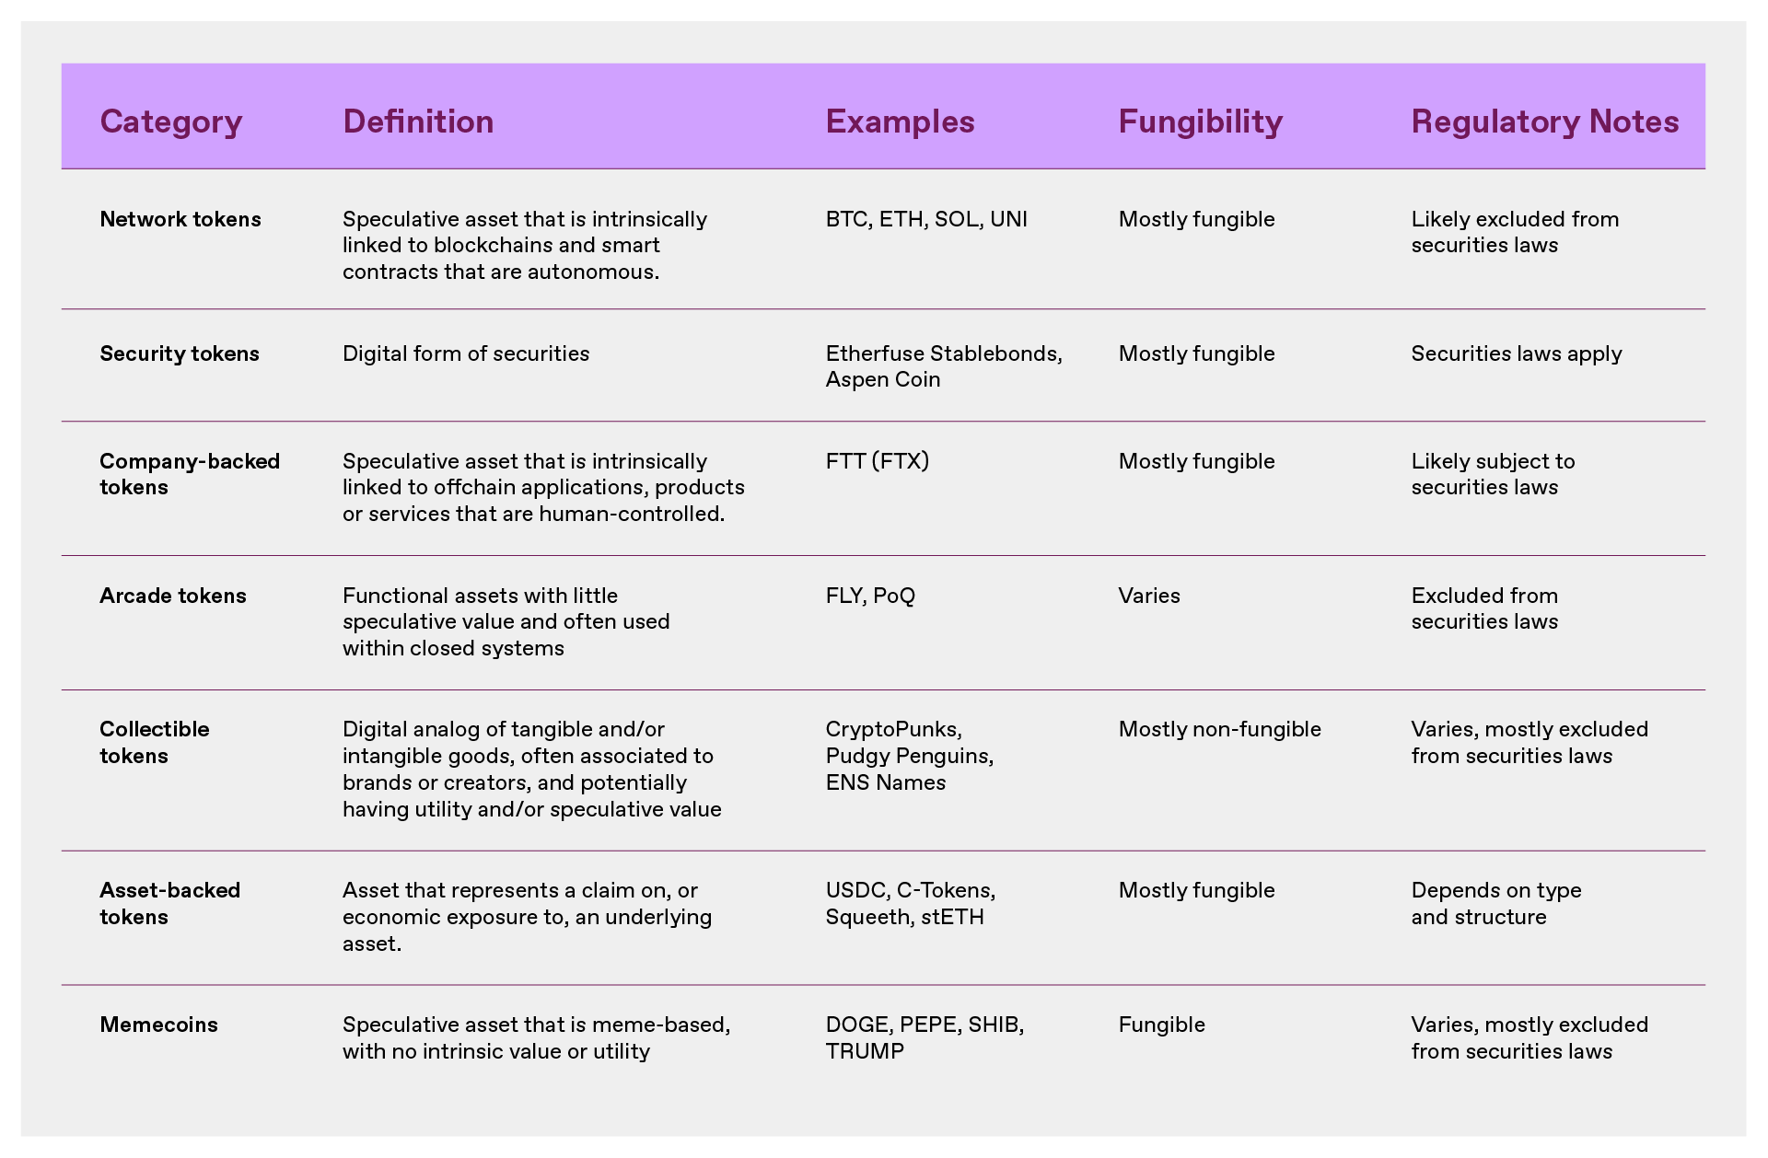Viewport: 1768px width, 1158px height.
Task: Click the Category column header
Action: tap(170, 122)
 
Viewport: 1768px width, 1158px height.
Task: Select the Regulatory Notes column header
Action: tap(1544, 122)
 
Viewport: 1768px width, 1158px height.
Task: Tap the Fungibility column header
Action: tap(1200, 122)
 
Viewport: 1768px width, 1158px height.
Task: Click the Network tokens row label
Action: tap(180, 219)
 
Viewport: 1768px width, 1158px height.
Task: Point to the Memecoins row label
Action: tap(158, 1025)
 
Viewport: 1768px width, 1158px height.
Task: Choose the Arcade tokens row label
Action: tap(173, 596)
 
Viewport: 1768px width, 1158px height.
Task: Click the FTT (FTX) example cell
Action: tap(877, 461)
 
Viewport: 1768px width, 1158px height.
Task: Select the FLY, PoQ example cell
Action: tap(870, 596)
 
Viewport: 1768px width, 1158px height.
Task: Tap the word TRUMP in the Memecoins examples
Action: tap(865, 1051)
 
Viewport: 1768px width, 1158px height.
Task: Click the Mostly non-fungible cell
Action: tap(1219, 729)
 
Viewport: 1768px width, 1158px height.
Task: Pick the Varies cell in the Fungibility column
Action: tap(1149, 596)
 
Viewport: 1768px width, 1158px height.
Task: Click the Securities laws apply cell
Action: tap(1516, 353)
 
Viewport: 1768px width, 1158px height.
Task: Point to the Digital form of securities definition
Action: tap(466, 353)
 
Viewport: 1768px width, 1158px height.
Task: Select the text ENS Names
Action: tap(885, 782)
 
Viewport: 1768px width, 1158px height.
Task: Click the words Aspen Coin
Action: tap(882, 379)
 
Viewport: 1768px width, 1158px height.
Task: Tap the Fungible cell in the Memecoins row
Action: tap(1161, 1025)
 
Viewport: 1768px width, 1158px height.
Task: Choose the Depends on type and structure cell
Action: tap(1495, 903)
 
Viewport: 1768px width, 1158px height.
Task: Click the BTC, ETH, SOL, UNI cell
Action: tap(925, 219)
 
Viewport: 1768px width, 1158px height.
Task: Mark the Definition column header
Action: tap(418, 122)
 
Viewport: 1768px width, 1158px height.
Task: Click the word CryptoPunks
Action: tap(892, 729)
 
